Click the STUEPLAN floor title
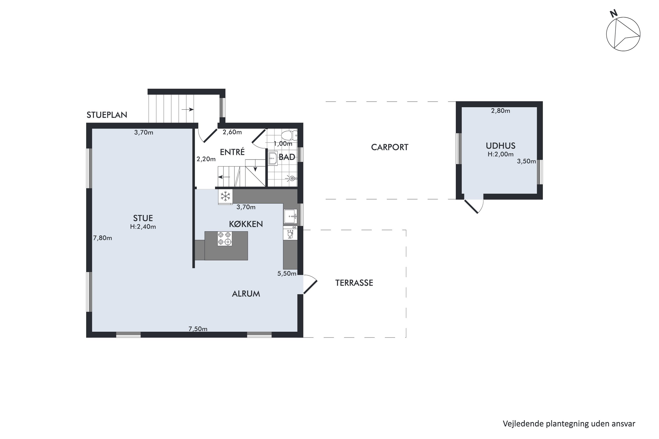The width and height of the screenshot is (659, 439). (107, 115)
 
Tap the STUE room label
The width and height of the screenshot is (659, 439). (143, 218)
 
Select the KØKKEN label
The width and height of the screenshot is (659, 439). (246, 224)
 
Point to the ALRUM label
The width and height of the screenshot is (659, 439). (246, 294)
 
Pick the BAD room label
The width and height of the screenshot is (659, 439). (287, 157)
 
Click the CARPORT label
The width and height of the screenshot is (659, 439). (390, 147)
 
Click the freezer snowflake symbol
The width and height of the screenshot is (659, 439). (225, 196)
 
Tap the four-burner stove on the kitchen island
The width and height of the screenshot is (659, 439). (225, 239)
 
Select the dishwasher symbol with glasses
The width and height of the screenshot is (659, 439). (290, 234)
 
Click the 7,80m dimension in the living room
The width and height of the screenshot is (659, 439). (103, 238)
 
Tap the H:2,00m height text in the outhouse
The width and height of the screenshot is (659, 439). (501, 154)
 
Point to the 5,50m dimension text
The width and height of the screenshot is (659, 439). (287, 273)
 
